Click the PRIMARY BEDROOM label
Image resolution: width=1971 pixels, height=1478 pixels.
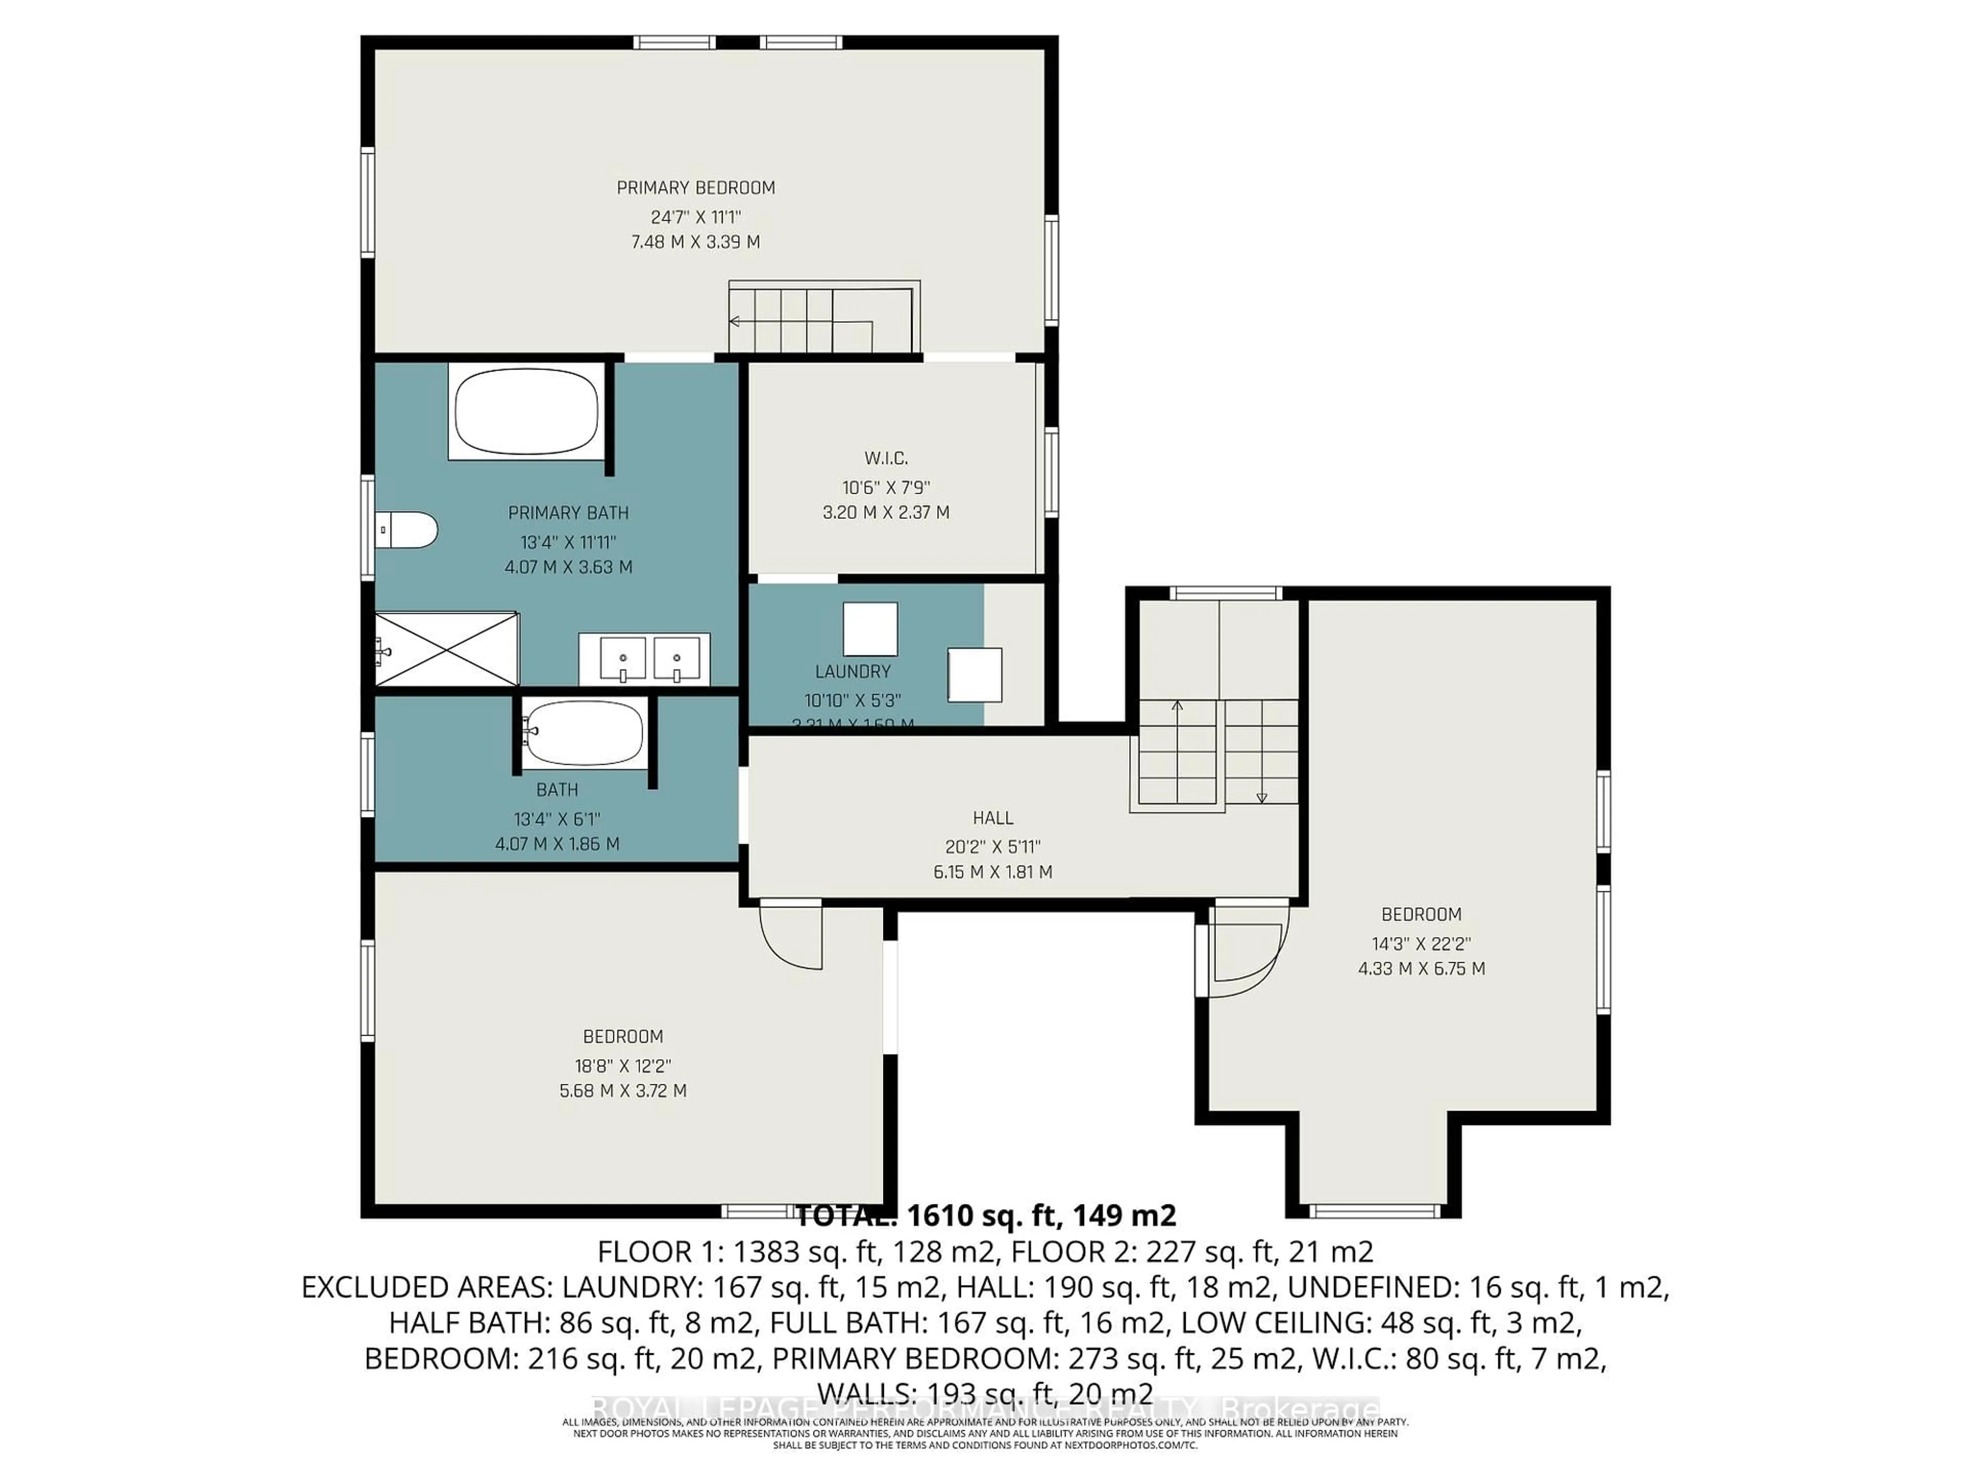pos(696,188)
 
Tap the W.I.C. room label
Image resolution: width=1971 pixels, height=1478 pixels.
pos(886,459)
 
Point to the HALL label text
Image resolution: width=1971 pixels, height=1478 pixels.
pos(993,818)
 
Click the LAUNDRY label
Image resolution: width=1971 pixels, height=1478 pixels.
pos(853,672)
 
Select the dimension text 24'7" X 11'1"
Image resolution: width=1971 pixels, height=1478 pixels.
pos(696,217)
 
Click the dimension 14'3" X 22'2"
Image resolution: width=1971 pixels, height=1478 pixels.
pos(1421,943)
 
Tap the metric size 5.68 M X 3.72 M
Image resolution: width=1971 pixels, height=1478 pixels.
pos(623,1091)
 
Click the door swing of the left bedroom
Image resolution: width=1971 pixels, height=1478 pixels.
pos(790,937)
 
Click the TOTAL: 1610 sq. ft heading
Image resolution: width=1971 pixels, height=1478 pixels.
pos(984,1215)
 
